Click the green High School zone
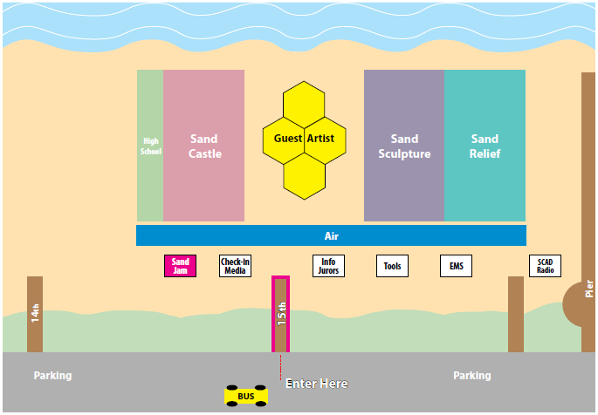tap(150, 146)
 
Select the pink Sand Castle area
tap(204, 146)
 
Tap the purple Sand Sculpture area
tap(404, 146)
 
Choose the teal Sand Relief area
tap(485, 146)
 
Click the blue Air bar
tap(331, 235)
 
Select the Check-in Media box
tap(235, 266)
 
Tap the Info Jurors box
tap(328, 266)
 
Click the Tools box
tap(393, 266)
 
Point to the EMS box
tap(456, 266)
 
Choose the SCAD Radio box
tap(546, 266)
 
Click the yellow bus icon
tap(246, 396)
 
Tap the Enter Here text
tap(317, 384)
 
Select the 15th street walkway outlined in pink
tap(280, 314)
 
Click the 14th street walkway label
tap(35, 314)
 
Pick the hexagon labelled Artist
tap(325, 139)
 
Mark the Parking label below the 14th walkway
tap(53, 376)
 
